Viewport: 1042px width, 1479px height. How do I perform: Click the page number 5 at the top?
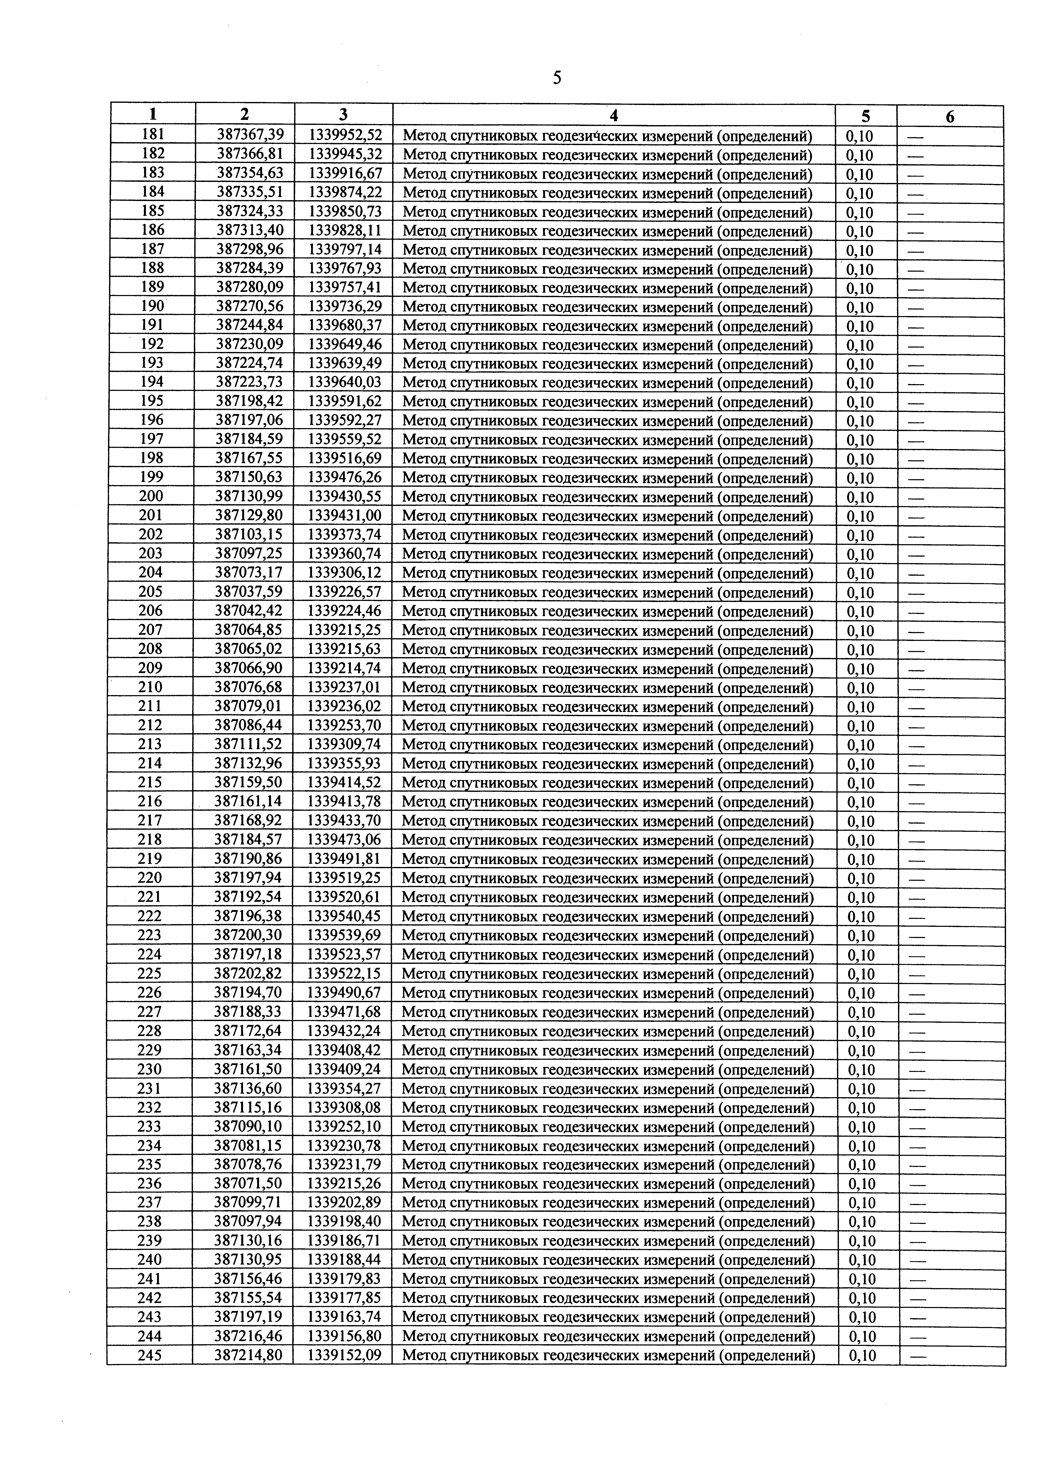point(557,79)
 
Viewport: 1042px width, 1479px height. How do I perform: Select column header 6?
point(950,117)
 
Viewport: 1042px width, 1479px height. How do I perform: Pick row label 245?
point(149,1355)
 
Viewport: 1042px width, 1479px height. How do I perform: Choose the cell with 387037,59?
point(249,591)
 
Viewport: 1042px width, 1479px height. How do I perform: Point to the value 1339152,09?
point(345,1355)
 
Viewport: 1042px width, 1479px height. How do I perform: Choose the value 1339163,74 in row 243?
point(345,1317)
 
